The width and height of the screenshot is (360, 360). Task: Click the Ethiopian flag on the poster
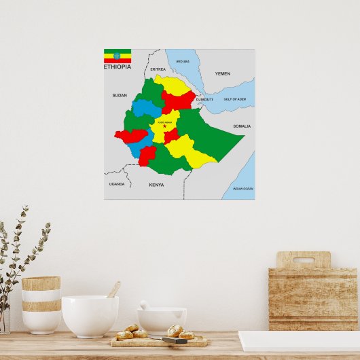(118, 56)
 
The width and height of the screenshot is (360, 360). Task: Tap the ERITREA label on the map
(158, 69)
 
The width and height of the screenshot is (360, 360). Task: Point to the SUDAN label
(120, 96)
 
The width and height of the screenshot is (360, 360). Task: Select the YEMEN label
(223, 73)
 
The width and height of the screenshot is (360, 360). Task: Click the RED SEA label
(183, 62)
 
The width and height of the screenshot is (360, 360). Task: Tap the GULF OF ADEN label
(234, 99)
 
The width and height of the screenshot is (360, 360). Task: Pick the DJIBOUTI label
(204, 99)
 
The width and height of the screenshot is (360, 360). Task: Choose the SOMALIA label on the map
(242, 126)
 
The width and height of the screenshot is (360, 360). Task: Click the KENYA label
(156, 185)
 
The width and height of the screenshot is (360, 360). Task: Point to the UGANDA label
(117, 184)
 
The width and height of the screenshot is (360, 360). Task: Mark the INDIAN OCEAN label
(242, 187)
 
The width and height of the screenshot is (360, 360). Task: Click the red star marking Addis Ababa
(164, 126)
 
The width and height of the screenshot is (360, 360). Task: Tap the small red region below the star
(171, 136)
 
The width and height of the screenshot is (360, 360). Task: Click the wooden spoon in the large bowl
(113, 290)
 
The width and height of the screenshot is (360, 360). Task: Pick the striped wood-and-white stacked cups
(41, 304)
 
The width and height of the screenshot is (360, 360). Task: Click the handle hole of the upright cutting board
(304, 259)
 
